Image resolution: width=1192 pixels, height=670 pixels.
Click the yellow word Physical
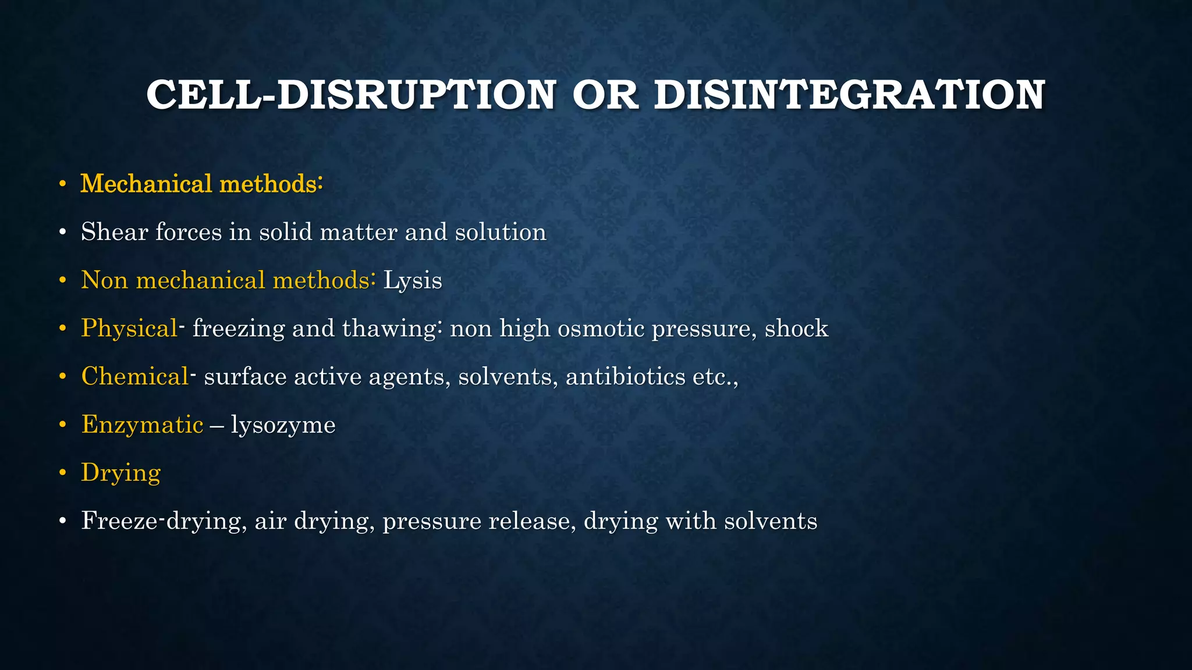tap(129, 329)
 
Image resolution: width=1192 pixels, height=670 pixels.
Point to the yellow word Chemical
tap(134, 377)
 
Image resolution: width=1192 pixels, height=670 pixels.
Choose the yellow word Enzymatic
tap(142, 425)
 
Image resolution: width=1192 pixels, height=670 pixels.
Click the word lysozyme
tap(283, 425)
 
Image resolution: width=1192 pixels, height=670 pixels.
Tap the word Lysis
tap(413, 281)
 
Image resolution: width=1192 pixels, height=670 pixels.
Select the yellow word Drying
tap(120, 473)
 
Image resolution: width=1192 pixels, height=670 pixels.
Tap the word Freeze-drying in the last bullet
tap(161, 521)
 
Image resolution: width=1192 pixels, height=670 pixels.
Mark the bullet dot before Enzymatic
tap(63, 425)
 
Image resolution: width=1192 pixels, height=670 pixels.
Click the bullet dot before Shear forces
tap(63, 233)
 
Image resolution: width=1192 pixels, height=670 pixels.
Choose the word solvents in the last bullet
tap(771, 521)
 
